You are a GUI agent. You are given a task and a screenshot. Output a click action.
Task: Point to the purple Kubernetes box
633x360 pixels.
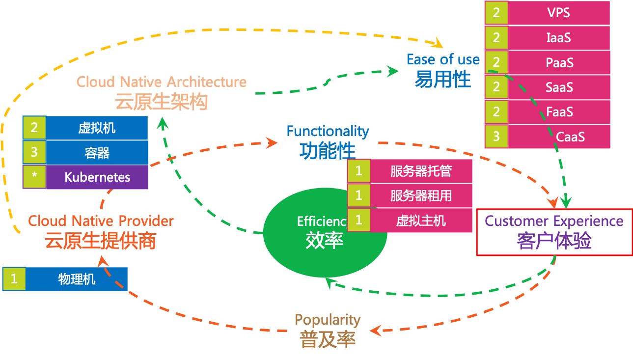97,177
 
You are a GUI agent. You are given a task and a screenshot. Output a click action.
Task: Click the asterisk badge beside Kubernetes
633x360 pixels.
34,177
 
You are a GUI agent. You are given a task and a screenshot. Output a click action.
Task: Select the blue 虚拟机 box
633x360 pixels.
97,128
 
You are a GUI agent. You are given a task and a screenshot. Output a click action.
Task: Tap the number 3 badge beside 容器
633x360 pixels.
34,152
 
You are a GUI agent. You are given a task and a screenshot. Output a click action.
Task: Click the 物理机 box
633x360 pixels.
77,279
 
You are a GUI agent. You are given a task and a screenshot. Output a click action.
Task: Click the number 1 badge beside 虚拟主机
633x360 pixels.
359,220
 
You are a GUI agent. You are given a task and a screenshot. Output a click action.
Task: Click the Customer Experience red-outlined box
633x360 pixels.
554,232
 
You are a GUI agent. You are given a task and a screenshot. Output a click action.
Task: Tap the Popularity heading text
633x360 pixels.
328,320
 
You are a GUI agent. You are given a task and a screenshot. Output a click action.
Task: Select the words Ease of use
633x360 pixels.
443,60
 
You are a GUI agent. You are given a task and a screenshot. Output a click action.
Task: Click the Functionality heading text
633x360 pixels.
328,131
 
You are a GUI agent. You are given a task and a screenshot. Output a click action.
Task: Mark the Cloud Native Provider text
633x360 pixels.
101,221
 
